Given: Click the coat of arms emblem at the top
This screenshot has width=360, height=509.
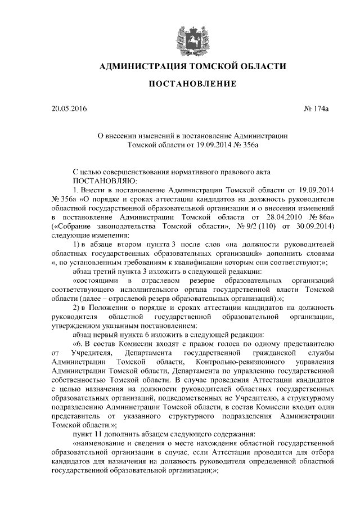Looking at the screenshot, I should point(180,35).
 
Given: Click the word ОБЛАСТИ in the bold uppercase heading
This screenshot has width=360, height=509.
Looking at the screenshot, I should point(258,66).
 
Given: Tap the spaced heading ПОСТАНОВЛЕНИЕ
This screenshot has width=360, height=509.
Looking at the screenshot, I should point(179,84).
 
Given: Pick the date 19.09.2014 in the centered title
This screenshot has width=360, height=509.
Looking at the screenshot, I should point(202,145).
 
